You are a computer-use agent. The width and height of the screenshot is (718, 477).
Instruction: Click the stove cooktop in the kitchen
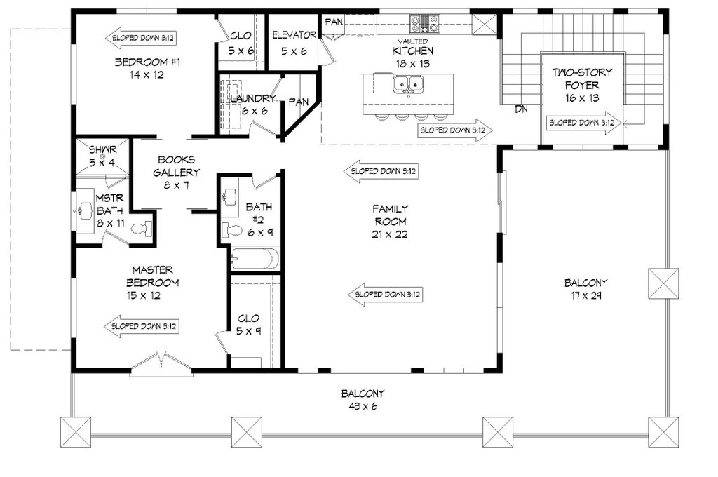click(424, 25)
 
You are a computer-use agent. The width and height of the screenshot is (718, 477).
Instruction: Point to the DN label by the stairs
click(521, 109)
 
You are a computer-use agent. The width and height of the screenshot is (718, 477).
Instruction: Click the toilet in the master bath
click(142, 228)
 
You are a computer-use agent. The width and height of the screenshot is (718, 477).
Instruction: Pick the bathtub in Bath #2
click(255, 259)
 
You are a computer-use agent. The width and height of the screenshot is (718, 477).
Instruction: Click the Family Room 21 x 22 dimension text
click(391, 234)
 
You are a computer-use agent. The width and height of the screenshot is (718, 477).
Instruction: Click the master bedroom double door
click(162, 363)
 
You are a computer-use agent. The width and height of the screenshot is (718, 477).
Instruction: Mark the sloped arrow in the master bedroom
click(143, 326)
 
